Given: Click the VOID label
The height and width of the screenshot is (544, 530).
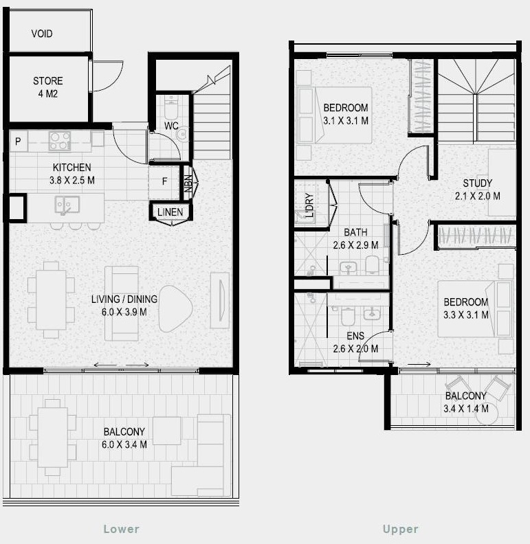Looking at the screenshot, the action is pos(42,34).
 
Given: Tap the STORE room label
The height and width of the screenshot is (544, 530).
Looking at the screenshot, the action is pos(48,81).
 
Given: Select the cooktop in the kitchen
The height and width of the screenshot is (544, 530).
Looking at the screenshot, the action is pos(60,141).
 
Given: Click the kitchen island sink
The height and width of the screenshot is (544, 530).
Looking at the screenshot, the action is pos(67,205).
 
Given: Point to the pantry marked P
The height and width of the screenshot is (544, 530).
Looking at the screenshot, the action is pos(19,141).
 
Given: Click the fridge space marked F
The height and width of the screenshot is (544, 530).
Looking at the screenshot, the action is pos(164,181).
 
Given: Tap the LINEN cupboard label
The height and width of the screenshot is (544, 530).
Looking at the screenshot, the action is pos(170,212).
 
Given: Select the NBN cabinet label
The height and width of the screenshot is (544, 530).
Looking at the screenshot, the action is pos(188,183).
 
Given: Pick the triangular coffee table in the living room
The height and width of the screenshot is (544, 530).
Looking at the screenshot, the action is pos(175,308).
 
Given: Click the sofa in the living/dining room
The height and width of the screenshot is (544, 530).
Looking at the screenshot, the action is pos(122,303).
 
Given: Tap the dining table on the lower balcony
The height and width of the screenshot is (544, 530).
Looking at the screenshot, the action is pos(53,437).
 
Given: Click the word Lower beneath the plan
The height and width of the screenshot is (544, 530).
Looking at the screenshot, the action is pos(122,529).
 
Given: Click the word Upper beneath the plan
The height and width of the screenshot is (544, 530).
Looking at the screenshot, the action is pos(401,529).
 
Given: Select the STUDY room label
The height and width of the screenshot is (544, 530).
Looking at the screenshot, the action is pos(478,183).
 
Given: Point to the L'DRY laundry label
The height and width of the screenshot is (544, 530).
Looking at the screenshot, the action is pos(309,205).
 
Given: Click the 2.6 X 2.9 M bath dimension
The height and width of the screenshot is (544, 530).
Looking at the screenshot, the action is pos(355,245).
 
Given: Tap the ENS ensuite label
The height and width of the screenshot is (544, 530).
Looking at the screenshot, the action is pos(355,335).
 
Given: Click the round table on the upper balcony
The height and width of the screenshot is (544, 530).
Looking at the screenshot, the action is pos(487,413).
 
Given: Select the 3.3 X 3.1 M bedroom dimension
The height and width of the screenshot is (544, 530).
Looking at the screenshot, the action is pos(466,315).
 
